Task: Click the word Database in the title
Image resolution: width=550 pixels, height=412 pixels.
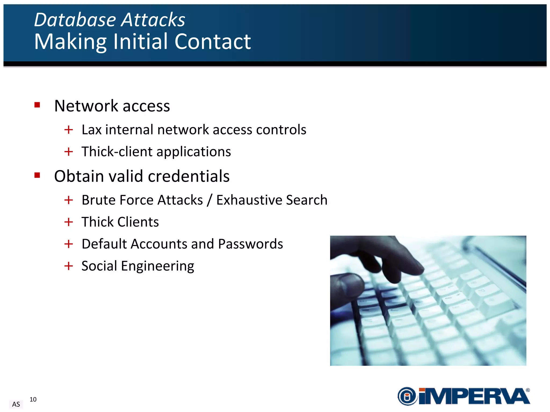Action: (x=75, y=20)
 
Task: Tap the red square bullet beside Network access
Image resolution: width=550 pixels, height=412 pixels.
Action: (x=37, y=105)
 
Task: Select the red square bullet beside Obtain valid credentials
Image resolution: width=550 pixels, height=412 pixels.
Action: (x=37, y=175)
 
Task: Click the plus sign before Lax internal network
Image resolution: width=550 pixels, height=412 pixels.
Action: (x=68, y=130)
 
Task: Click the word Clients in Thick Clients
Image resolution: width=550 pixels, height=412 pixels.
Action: (x=138, y=222)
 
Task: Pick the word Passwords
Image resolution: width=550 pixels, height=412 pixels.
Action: (x=250, y=244)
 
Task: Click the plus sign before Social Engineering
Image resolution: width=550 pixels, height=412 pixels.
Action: (x=68, y=266)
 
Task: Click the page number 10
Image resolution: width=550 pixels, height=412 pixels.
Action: (x=33, y=399)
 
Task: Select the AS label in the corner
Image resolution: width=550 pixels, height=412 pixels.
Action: (x=16, y=404)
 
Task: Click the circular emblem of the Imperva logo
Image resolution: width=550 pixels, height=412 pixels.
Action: (x=407, y=396)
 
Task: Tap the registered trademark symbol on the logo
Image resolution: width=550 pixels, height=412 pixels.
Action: (x=528, y=390)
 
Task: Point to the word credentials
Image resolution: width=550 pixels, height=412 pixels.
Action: (x=189, y=176)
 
